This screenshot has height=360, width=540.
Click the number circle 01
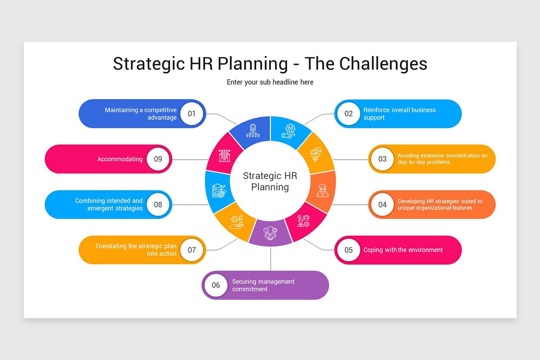coord(192,113)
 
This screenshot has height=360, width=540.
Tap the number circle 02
coord(349,113)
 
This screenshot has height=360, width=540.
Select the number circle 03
coord(382,159)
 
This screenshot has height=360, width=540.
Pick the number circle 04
coord(382,205)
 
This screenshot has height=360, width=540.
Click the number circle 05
coord(349,250)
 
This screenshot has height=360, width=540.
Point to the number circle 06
coord(216,285)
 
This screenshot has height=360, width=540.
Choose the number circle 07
coord(192,250)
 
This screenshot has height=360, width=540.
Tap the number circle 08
coord(158,205)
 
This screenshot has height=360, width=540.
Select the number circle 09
coord(158,159)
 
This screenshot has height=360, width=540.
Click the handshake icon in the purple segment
coord(270,234)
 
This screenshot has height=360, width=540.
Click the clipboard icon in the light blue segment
coord(219,190)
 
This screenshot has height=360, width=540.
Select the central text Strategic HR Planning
coord(270,181)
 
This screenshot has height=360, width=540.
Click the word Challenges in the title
coord(383,63)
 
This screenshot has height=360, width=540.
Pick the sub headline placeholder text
coord(270,82)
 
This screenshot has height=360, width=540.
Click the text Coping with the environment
coord(403,250)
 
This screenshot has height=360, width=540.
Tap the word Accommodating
coord(120,159)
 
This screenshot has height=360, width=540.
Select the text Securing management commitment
coord(263,285)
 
